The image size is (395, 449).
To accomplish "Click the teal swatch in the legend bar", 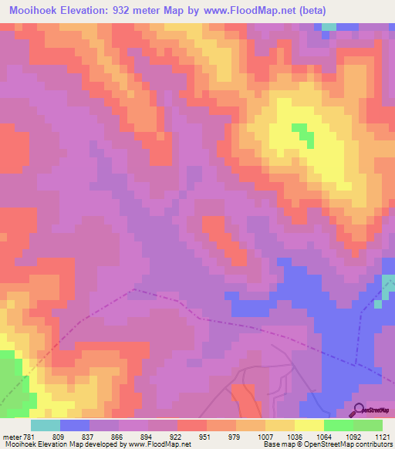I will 46,425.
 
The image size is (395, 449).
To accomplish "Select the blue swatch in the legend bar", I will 75,425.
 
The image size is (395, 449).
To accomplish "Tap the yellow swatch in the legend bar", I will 309,425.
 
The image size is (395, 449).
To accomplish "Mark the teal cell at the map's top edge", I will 329,26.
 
